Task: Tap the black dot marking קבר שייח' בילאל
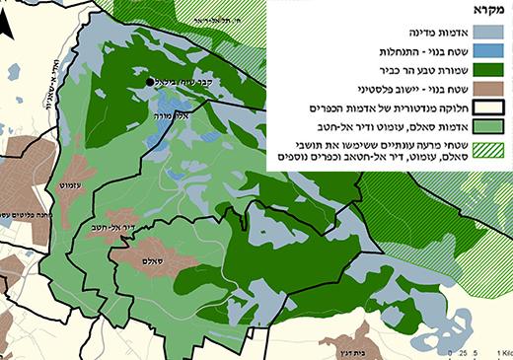[x=151, y=83]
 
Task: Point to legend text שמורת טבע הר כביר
[x=415, y=70]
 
